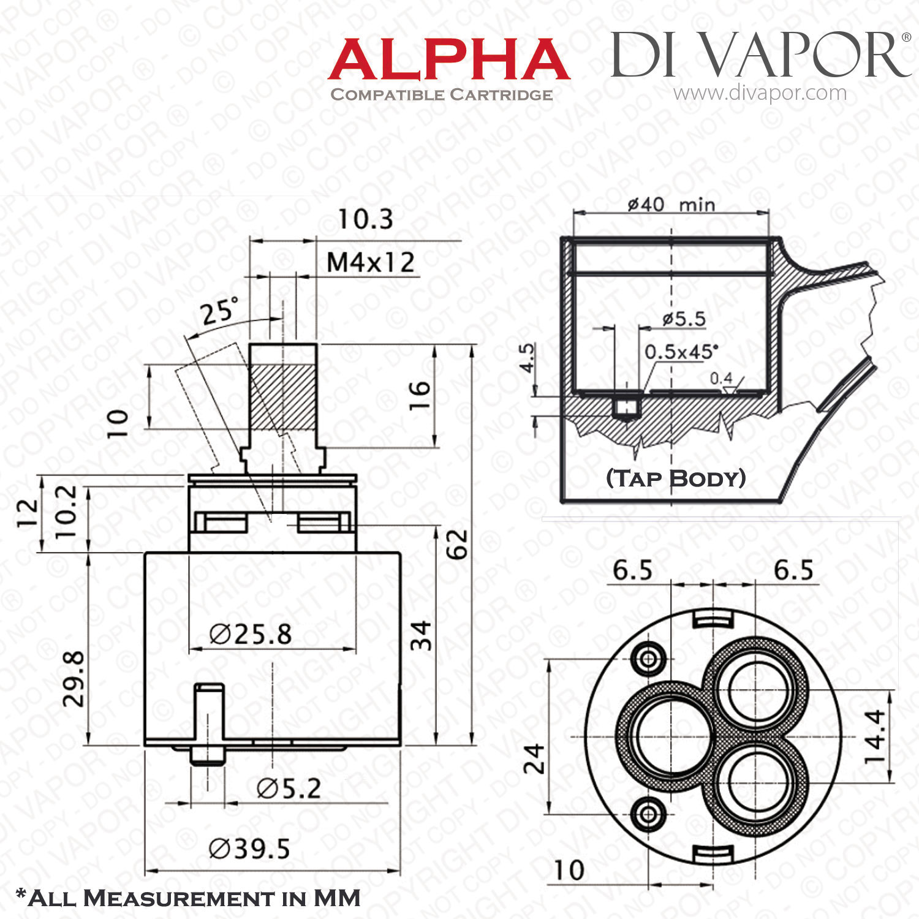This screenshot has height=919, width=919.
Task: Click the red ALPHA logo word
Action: click(449, 59)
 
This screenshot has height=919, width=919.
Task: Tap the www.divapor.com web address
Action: click(760, 93)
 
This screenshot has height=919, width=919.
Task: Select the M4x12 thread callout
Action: click(371, 263)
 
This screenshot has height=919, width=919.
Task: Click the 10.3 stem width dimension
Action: click(366, 219)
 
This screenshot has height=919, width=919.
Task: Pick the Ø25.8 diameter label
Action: click(251, 634)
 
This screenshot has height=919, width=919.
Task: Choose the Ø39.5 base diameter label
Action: click(249, 849)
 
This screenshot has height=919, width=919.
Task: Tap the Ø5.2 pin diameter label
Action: click(289, 789)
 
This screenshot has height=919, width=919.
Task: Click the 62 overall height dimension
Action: click(457, 543)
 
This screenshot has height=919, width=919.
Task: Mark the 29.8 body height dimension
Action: click(75, 678)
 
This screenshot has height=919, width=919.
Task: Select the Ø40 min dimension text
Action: click(671, 203)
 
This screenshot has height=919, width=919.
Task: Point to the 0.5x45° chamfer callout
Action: click(681, 352)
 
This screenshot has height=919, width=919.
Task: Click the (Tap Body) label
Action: click(676, 478)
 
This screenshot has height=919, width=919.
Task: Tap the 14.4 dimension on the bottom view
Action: click(874, 736)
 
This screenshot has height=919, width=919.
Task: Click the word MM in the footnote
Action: click(337, 898)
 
